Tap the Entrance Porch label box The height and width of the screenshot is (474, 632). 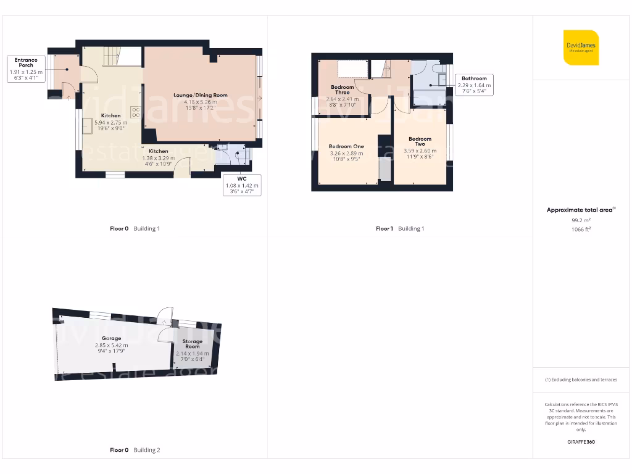(x=26, y=69)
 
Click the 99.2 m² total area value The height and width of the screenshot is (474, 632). (x=580, y=220)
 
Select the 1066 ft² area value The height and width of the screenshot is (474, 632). (x=580, y=229)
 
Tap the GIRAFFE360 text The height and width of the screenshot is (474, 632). (x=580, y=442)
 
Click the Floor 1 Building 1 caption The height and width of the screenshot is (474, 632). (x=400, y=229)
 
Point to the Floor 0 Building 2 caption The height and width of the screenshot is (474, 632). (x=135, y=451)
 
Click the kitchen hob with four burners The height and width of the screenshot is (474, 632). (x=135, y=112)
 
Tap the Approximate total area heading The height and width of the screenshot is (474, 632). (x=580, y=210)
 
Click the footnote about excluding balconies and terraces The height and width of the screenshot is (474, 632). (x=580, y=380)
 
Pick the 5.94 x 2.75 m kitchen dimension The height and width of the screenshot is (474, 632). (x=110, y=123)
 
